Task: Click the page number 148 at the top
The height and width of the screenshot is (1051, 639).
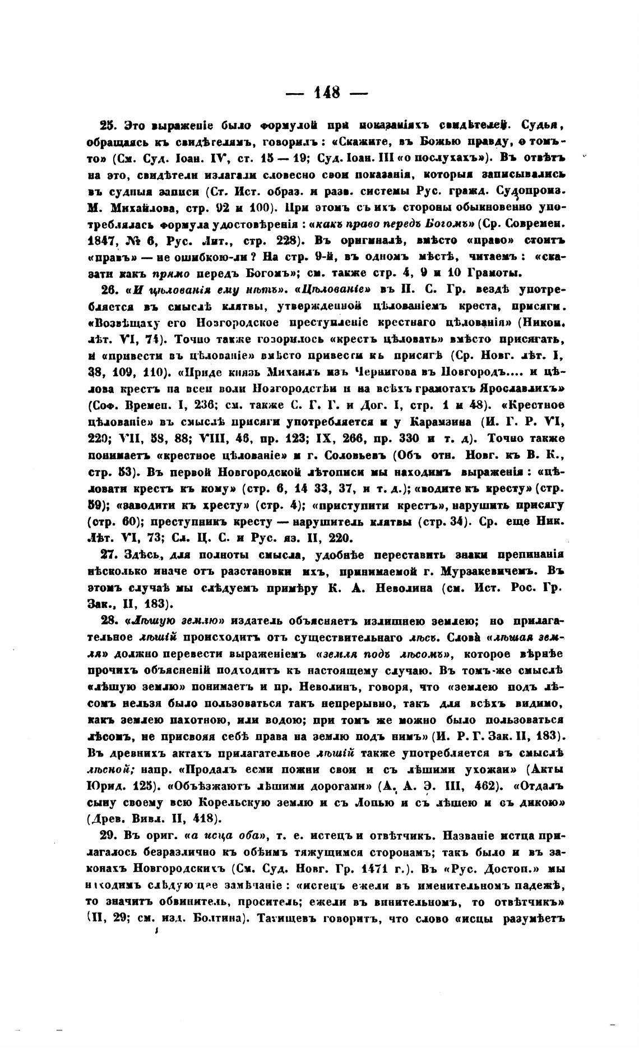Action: tap(327, 93)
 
